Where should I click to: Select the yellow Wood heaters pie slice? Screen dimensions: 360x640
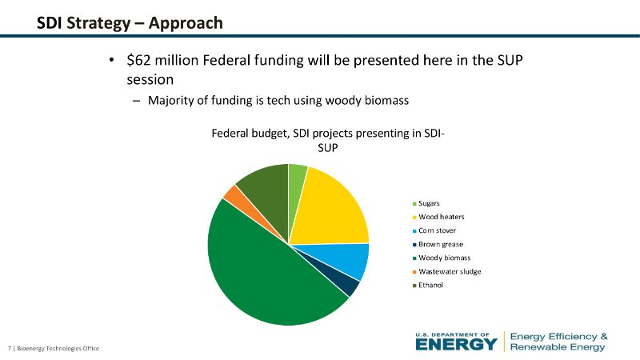332,208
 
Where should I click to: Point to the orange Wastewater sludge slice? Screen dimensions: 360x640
233,194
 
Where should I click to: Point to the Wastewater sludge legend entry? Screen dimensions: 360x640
449,271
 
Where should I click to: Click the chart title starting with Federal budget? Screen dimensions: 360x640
328,141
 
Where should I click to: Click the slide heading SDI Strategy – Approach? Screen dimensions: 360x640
130,22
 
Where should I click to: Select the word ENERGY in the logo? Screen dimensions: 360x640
456,344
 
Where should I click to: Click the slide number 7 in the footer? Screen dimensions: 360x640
9,349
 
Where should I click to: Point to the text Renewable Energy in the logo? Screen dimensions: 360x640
558,346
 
